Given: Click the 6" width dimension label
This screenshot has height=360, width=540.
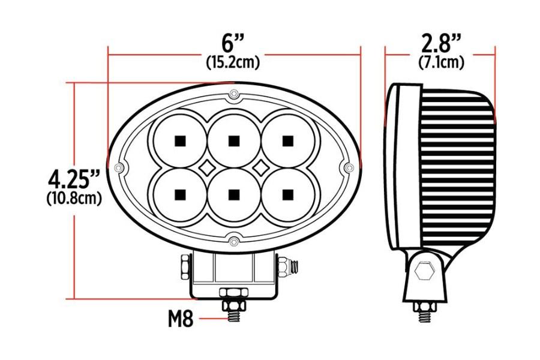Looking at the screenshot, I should point(233,44).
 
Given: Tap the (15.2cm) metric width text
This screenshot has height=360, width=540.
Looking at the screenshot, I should point(233,61).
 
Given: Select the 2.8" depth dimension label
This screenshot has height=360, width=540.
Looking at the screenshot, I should point(440,44).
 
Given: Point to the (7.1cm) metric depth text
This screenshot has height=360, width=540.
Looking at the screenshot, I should point(440,61).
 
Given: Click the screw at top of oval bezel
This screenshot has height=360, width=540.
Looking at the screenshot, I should point(234,94).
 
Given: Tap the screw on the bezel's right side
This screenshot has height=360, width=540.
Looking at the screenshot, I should point(348,167).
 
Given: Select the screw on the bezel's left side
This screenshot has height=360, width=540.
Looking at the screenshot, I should point(118,167).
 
